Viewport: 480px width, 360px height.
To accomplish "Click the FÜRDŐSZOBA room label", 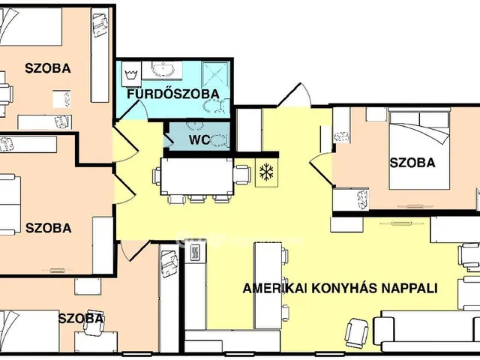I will [172, 94].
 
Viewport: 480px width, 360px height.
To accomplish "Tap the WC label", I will [199, 139].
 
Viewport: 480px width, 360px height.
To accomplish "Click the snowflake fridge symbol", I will [265, 172].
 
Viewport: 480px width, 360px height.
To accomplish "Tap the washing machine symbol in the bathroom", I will [131, 73].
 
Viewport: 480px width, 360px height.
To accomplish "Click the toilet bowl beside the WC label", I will [220, 139].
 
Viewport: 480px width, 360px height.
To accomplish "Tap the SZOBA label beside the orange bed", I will [412, 162].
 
